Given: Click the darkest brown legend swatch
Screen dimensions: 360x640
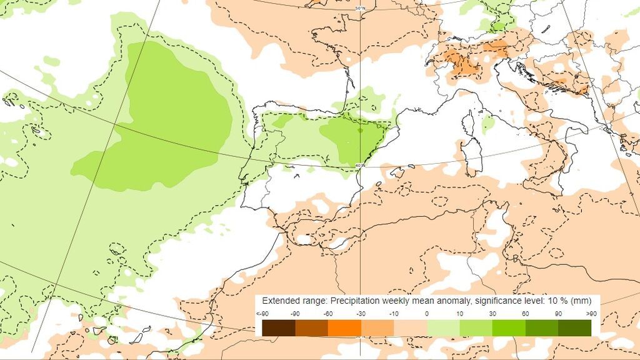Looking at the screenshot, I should tap(279, 327).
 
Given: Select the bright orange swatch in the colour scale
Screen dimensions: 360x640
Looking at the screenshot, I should tap(344, 327).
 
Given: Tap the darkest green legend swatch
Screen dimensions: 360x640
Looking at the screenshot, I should tap(574, 327).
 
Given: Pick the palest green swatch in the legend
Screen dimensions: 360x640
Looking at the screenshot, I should tap(443, 327).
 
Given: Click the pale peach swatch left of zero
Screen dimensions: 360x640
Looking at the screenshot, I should tap(410, 327).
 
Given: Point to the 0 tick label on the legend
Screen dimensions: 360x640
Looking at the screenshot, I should tap(427, 313).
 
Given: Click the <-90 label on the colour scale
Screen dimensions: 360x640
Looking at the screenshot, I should tap(262, 313).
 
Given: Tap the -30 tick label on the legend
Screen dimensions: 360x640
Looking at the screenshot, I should tap(361, 313).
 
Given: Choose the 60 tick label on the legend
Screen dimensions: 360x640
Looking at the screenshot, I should tap(526, 313).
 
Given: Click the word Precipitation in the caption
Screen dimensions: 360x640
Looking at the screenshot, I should tap(355, 301).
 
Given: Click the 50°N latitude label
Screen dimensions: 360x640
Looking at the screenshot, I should tap(360, 8).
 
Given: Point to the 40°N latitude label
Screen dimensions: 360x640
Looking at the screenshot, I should tap(359, 165).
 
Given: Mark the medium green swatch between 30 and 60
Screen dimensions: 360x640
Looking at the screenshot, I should tap(509, 327).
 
